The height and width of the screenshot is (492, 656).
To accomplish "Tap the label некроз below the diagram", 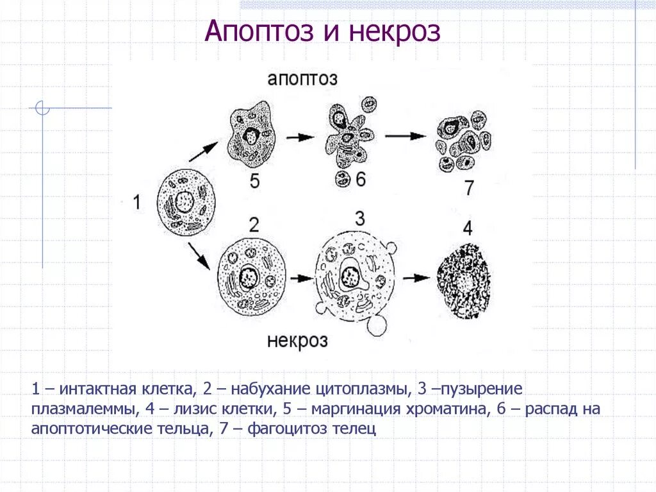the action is coord(297,339).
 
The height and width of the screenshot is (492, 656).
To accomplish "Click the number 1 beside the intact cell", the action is coord(136,203).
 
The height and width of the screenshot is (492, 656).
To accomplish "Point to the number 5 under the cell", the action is coord(254,182).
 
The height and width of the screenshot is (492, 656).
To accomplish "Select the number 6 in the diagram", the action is coord(360,180).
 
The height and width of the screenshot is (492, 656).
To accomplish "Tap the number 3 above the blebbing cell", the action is coord(359,219).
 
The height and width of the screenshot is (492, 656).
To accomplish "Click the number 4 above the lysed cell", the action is coord(468,228).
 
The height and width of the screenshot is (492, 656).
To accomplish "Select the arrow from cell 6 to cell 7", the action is coord(406,136).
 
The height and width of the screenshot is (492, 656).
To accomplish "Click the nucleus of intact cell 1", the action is coord(184,201).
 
